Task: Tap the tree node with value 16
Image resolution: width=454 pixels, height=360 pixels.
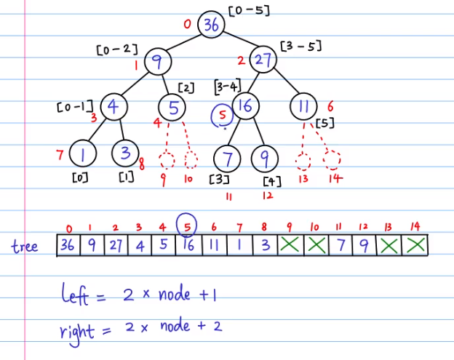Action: [244, 107]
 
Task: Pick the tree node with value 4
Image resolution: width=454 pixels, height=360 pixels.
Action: [113, 106]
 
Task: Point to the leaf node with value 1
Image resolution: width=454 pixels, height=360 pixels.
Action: [81, 154]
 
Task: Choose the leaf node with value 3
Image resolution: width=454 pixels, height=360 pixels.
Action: [126, 154]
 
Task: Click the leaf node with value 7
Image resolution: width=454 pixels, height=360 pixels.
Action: [227, 158]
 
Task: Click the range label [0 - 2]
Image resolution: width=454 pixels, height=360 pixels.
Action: [116, 49]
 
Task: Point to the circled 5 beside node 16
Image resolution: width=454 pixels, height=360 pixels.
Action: [223, 115]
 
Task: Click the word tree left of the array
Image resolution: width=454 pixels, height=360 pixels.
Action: [25, 246]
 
